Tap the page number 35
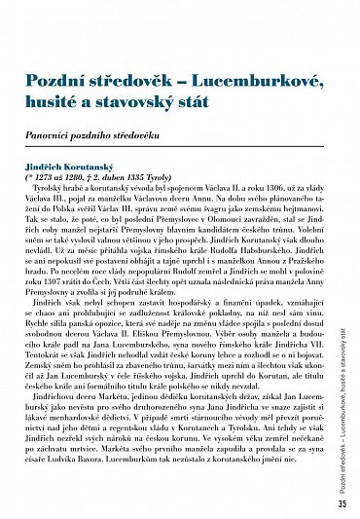(x=342, y=504)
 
